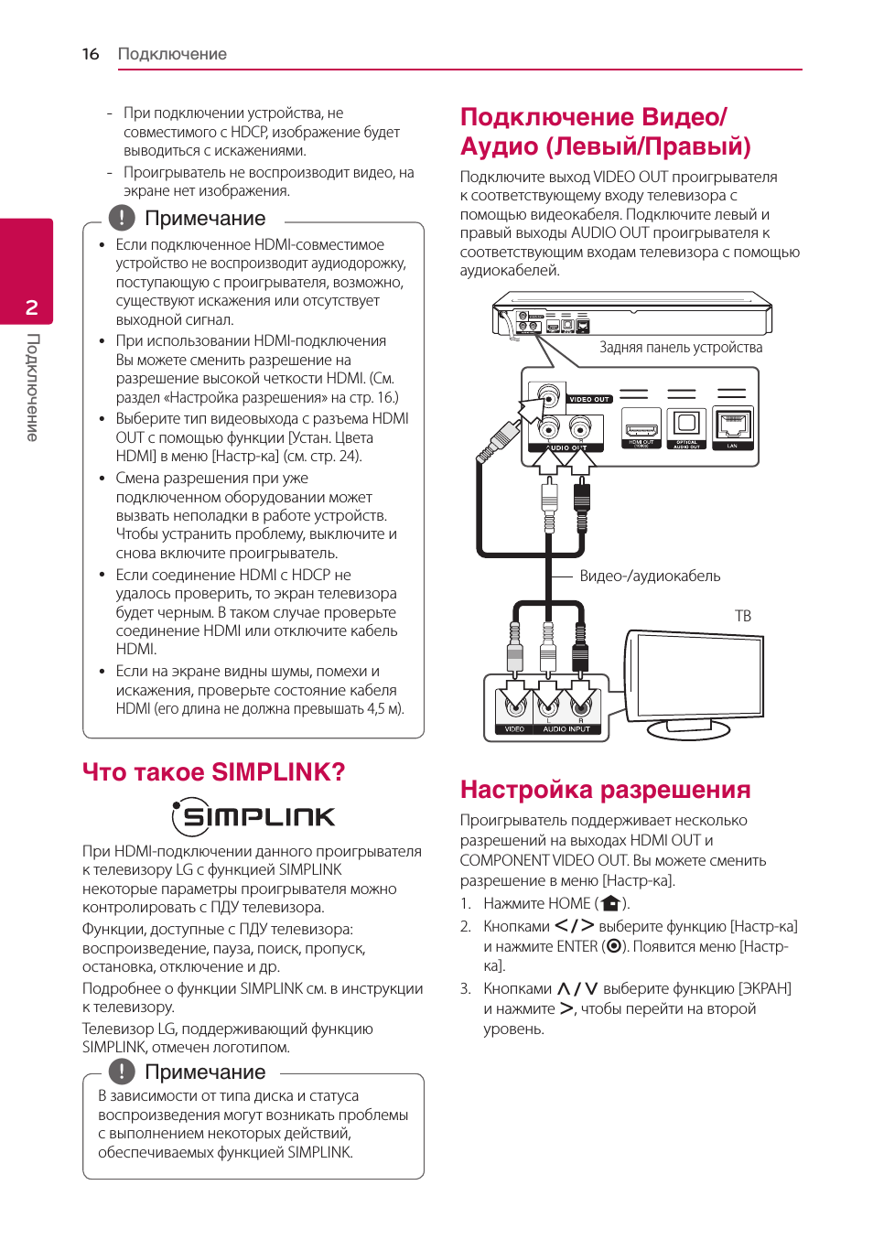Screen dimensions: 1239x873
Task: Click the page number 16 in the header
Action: (91, 54)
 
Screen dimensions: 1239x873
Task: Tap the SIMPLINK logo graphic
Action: (253, 816)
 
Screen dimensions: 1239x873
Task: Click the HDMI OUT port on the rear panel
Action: (641, 426)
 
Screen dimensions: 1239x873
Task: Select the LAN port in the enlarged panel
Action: (732, 426)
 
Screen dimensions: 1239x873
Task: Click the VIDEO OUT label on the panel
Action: (588, 400)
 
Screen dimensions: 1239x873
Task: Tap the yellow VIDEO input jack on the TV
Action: (514, 705)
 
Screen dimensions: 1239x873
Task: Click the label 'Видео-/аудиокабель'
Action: (650, 576)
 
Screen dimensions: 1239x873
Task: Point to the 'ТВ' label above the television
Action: (743, 616)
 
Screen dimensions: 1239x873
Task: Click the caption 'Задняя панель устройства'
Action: (681, 348)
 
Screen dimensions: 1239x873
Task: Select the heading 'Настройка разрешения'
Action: (605, 790)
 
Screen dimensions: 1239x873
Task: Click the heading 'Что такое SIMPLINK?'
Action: (214, 772)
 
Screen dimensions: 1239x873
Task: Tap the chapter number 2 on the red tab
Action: (32, 307)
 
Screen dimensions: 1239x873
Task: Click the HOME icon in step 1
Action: (611, 904)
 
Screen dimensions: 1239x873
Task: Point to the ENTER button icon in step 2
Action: (614, 947)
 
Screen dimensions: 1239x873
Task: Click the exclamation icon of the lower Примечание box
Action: (122, 1072)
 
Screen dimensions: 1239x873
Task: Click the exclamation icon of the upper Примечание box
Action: (122, 218)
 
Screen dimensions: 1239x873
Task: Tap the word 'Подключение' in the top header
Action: (172, 54)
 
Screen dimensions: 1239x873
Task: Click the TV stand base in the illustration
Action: (688, 729)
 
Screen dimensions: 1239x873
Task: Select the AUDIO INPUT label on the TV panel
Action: (566, 729)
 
